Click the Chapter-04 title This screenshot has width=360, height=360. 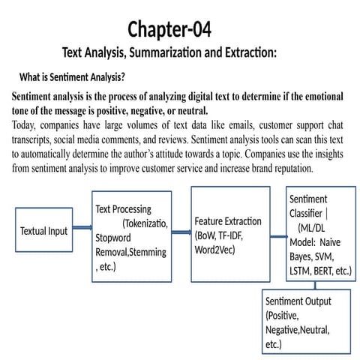(x=169, y=29)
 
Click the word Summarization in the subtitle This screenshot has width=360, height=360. (x=166, y=52)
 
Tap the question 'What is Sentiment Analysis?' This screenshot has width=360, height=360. (x=72, y=77)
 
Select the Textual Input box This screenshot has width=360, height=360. (x=44, y=229)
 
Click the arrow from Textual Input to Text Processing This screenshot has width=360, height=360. (x=82, y=227)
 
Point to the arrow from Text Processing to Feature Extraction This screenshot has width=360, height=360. (x=181, y=232)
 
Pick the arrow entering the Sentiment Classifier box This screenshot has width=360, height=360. (x=279, y=236)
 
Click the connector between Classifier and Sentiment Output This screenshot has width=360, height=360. (x=315, y=285)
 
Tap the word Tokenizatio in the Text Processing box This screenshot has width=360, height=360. (x=145, y=223)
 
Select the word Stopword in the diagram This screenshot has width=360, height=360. (x=113, y=238)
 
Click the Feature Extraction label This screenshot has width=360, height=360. (x=228, y=221)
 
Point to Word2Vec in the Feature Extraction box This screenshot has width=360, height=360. (x=214, y=250)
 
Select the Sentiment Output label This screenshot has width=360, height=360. (x=298, y=301)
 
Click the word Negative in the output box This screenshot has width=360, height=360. (x=283, y=330)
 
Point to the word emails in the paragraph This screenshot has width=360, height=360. (x=241, y=125)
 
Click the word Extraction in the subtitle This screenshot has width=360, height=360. (x=250, y=52)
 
